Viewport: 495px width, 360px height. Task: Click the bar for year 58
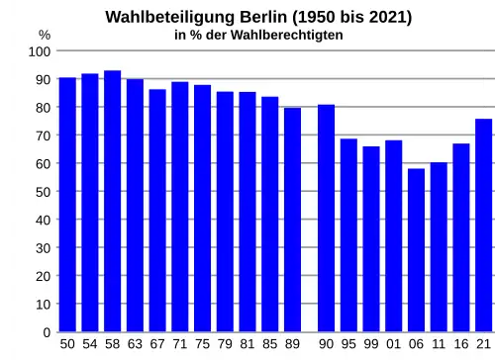point(112,201)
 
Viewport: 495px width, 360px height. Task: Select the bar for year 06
point(416,250)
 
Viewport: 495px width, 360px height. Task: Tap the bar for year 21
point(484,225)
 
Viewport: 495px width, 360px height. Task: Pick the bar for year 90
point(327,219)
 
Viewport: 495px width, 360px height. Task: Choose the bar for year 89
point(292,220)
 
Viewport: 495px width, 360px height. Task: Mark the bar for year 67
point(157,211)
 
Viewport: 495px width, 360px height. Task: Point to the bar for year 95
point(348,235)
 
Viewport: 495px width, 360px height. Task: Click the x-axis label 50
point(67,344)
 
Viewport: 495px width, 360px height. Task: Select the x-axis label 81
point(247,344)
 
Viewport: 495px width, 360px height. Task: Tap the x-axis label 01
point(393,344)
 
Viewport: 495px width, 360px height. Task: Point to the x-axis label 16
point(461,344)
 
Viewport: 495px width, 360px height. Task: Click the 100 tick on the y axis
point(40,51)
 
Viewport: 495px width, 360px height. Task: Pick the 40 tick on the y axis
point(44,220)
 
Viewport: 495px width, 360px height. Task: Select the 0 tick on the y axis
point(48,332)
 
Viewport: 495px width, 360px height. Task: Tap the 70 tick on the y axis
point(44,135)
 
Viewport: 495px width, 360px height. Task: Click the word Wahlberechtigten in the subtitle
point(287,35)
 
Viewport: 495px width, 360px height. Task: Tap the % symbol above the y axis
point(45,35)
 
